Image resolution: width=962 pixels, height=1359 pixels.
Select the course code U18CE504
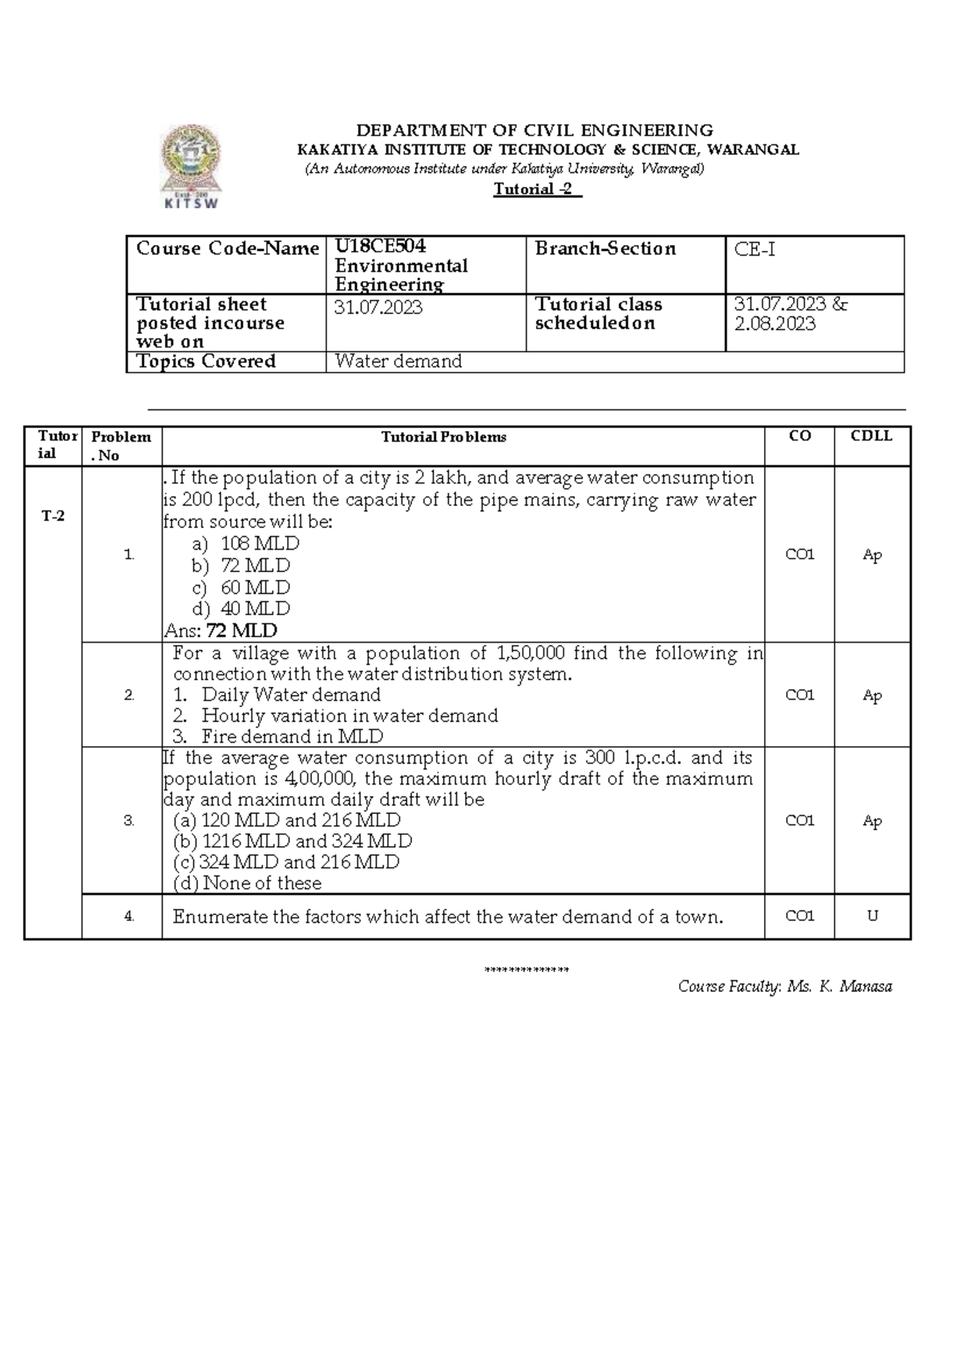pyautogui.click(x=380, y=247)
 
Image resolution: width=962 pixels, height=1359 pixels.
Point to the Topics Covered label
pyautogui.click(x=206, y=361)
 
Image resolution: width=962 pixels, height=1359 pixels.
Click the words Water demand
pyautogui.click(x=398, y=361)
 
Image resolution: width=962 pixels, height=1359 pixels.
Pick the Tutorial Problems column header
pyautogui.click(x=443, y=438)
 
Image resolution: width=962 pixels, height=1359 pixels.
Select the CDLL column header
pyautogui.click(x=871, y=436)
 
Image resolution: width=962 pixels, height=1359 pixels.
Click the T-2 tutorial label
pyautogui.click(x=53, y=516)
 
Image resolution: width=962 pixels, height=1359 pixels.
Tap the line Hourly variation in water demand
pyautogui.click(x=350, y=716)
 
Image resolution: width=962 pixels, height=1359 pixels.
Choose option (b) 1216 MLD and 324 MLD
pyautogui.click(x=293, y=841)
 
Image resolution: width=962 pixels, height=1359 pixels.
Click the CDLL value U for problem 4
pyautogui.click(x=872, y=916)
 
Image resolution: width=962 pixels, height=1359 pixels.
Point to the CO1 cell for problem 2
pyautogui.click(x=799, y=696)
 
